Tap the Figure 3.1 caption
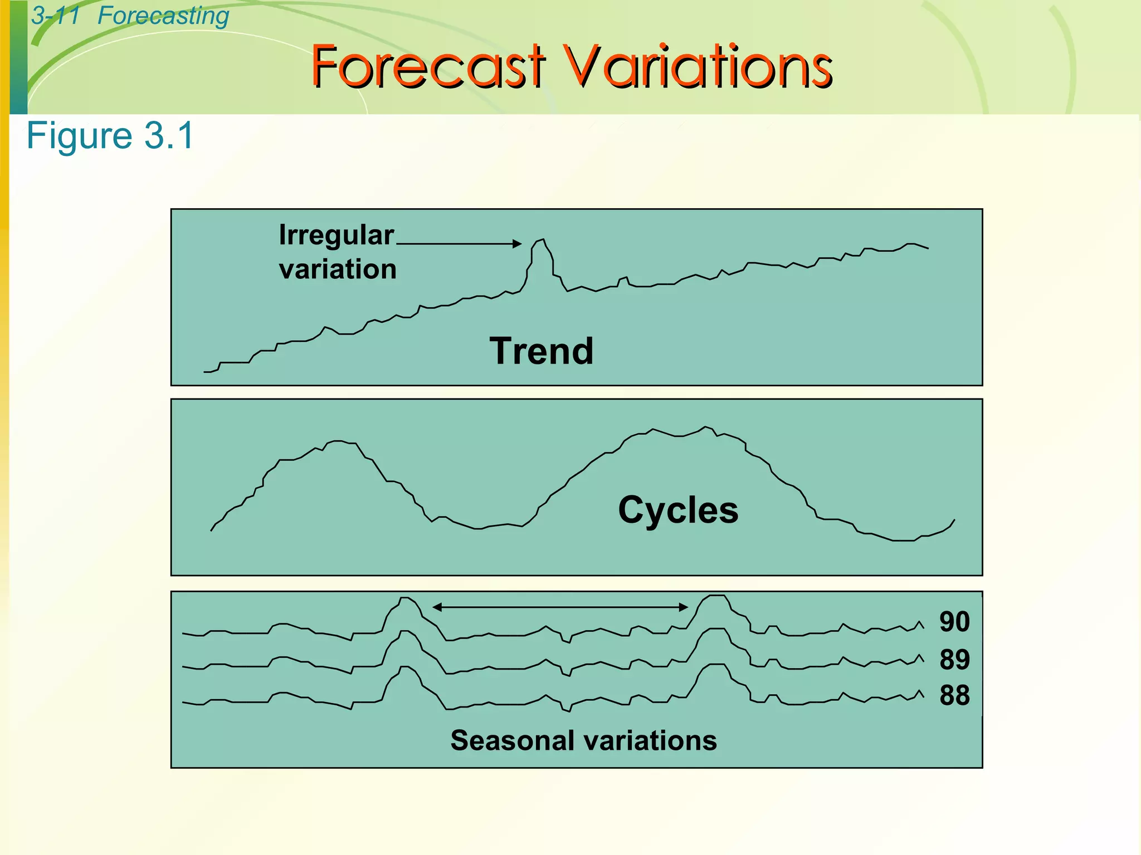[x=110, y=135]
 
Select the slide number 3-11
[x=55, y=15]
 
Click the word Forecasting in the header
[x=163, y=16]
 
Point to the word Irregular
[x=336, y=235]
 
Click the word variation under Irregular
[x=338, y=269]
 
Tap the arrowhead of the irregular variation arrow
[x=518, y=243]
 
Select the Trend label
[x=542, y=351]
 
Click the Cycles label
[x=678, y=510]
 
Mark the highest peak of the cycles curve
[x=706, y=427]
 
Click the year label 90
[x=954, y=622]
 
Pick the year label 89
[x=954, y=660]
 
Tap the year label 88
[x=954, y=696]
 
